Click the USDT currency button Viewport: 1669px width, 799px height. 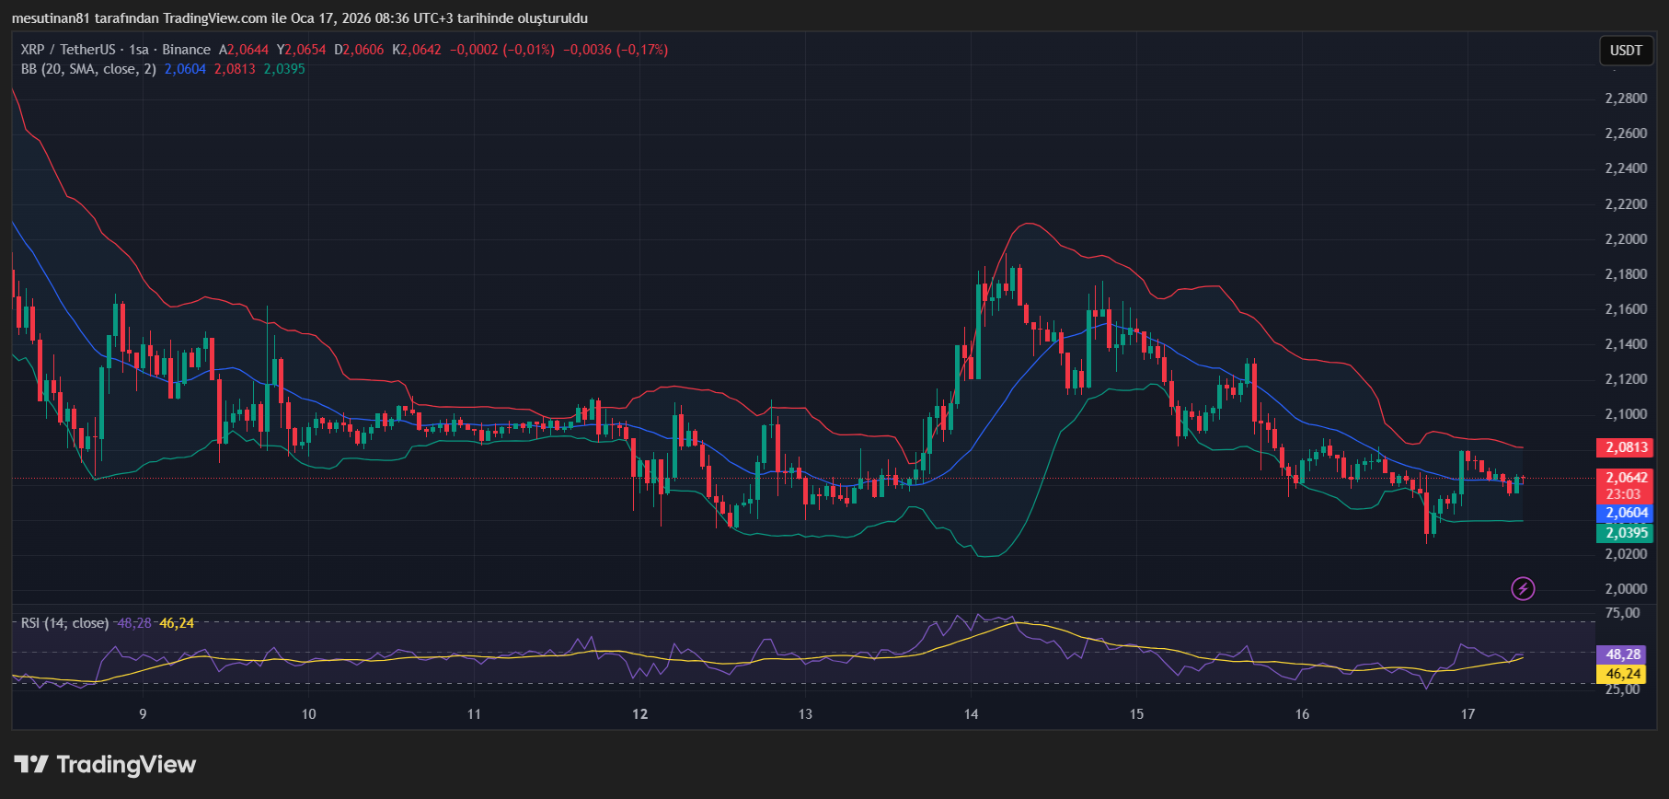tap(1626, 51)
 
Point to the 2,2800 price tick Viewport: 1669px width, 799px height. tap(1626, 98)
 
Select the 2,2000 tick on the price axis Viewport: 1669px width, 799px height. tap(1626, 239)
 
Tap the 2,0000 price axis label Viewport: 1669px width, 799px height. tap(1626, 589)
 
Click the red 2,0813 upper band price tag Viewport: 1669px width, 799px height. tap(1626, 447)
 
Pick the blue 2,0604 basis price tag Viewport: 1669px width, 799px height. tap(1626, 513)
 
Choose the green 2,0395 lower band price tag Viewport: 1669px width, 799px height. tap(1626, 533)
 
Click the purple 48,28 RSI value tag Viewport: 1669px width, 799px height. tap(1623, 654)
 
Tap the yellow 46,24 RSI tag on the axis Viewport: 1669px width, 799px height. tap(1623, 674)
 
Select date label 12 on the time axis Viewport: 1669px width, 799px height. tap(640, 714)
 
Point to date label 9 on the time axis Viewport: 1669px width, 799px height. tap(143, 714)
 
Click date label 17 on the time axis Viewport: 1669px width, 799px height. tap(1468, 714)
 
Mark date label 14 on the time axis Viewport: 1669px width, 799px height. tap(972, 714)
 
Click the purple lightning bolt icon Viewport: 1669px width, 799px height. tap(1523, 588)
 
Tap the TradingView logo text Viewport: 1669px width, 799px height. tap(126, 765)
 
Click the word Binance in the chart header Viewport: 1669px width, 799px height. tap(187, 50)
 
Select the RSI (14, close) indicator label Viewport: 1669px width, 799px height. tap(64, 623)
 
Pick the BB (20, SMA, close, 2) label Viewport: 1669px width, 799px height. tap(88, 69)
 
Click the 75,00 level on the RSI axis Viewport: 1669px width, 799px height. tap(1621, 613)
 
